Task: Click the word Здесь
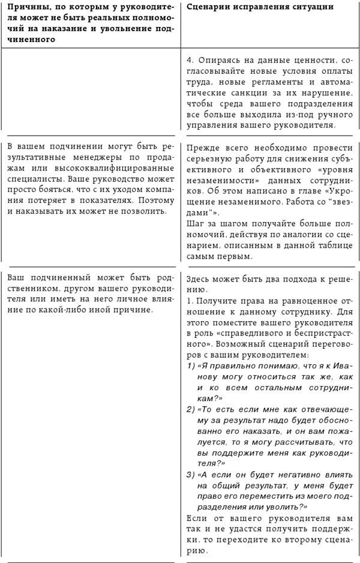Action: click(200, 280)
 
